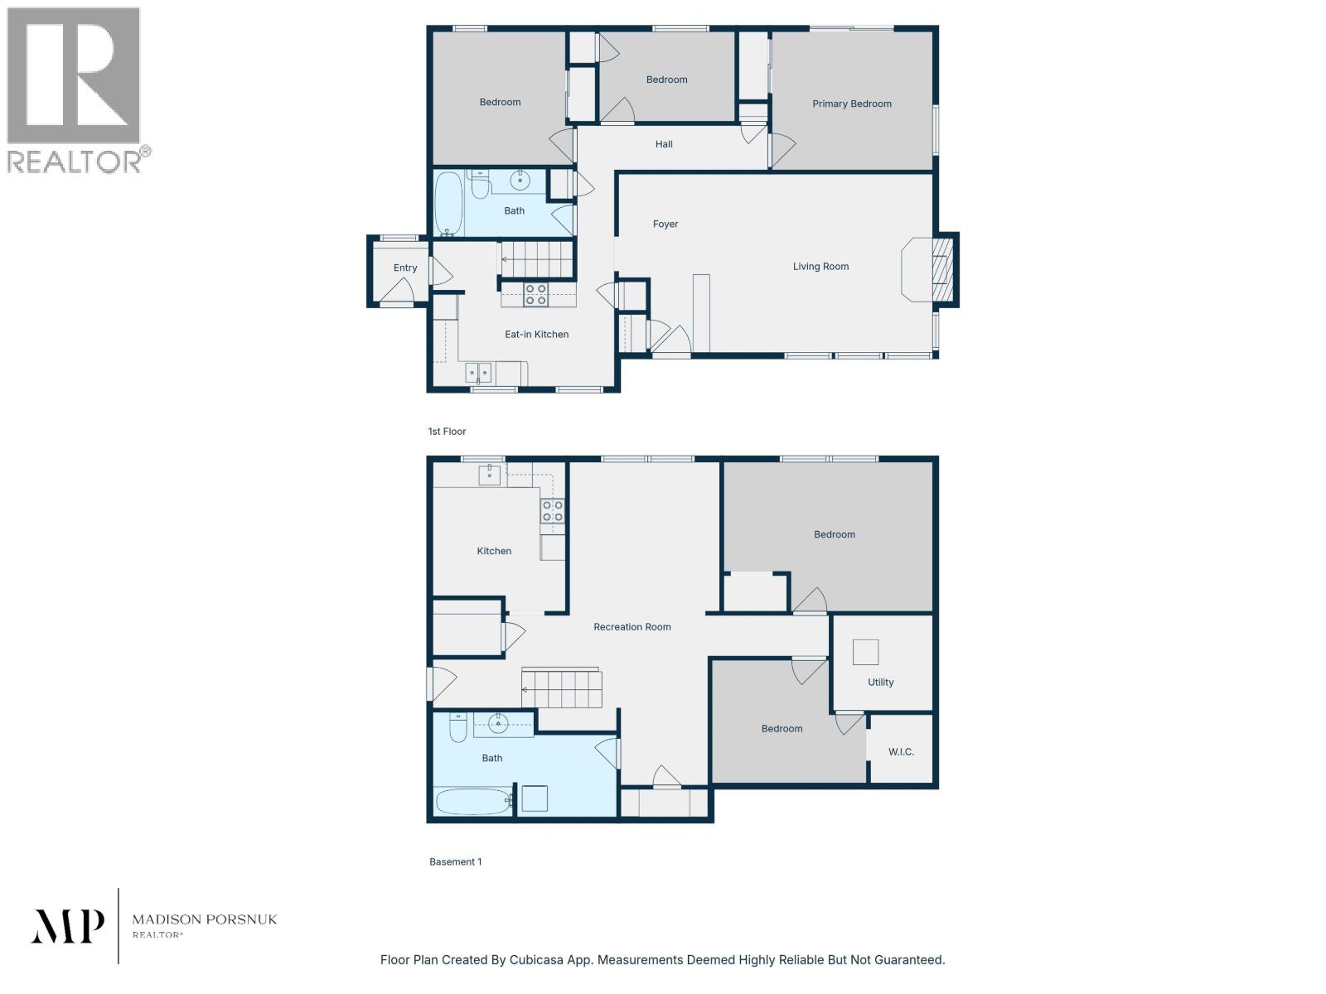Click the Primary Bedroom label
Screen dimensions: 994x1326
851,104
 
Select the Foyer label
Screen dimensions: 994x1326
665,224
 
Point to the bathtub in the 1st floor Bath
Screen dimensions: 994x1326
449,203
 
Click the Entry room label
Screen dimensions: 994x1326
404,268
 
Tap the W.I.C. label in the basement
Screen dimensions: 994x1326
901,751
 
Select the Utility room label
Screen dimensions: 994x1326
880,683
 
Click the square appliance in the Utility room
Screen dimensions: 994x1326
865,652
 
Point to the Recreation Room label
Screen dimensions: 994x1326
632,627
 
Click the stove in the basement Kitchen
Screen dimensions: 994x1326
553,511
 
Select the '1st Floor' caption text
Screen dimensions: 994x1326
447,432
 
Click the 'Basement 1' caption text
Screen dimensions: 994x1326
455,861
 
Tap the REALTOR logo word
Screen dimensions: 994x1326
75,161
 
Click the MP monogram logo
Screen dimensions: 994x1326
68,926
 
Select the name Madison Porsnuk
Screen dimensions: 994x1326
205,919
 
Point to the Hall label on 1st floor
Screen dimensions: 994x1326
664,144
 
